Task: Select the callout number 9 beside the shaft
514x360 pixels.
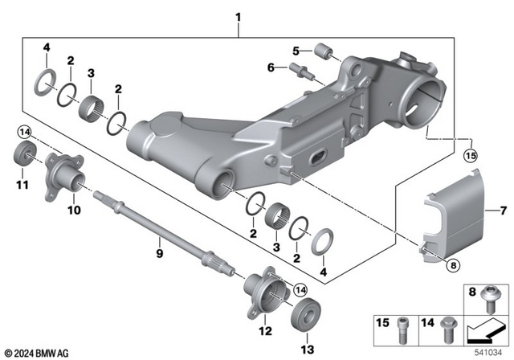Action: [158, 254]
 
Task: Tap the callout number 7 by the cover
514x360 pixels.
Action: [504, 212]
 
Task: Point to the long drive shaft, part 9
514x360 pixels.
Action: [160, 230]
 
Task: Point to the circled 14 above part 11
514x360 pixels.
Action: [25, 130]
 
